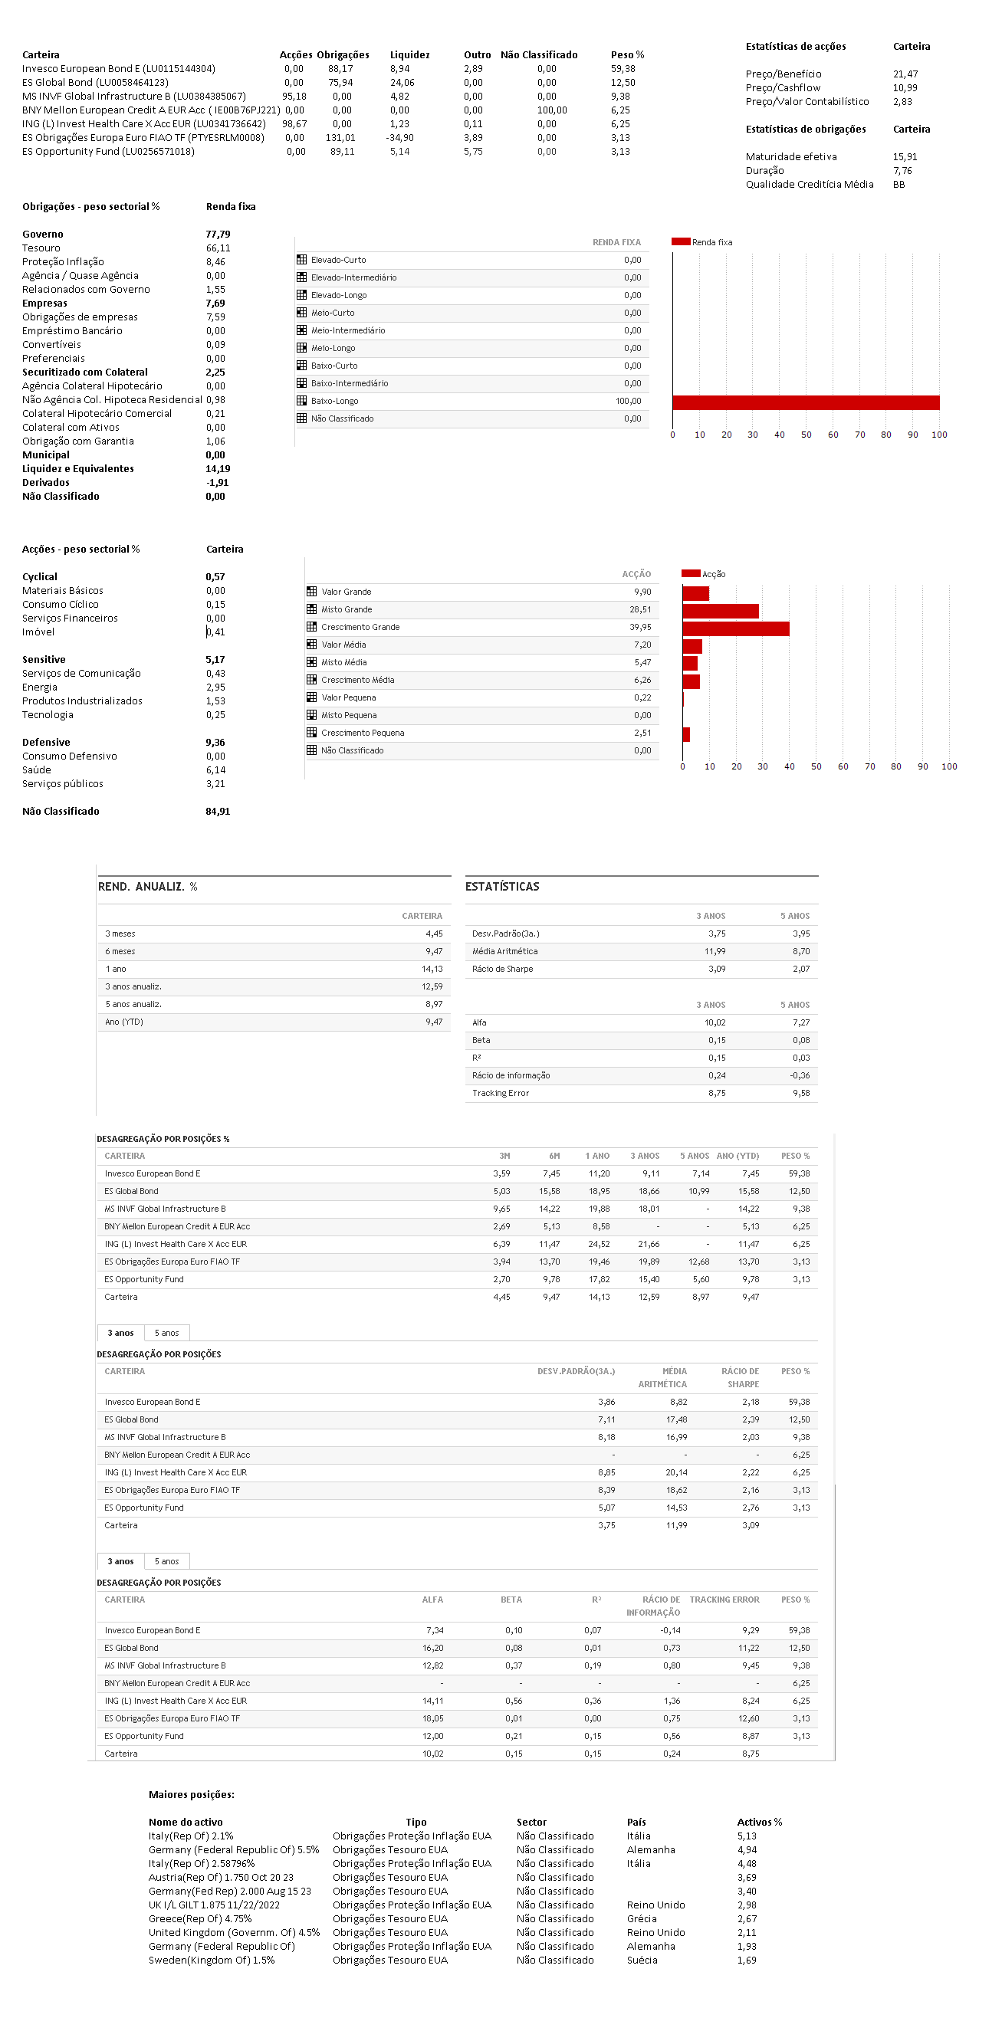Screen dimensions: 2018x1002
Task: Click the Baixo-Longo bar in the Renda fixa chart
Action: (806, 402)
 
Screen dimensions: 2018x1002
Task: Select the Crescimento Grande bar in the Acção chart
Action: (736, 628)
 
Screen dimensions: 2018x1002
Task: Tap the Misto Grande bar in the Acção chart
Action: (720, 610)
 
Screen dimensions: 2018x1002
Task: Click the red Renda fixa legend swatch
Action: (680, 241)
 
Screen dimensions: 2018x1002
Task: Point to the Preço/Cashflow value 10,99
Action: (905, 87)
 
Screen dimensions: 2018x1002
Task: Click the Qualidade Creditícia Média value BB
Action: (899, 184)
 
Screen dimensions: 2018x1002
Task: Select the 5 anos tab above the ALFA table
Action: (166, 1560)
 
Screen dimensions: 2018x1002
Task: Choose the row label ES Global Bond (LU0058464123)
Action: (95, 82)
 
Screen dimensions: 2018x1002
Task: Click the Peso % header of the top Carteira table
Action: (627, 55)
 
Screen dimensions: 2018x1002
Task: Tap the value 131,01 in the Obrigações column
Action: (340, 138)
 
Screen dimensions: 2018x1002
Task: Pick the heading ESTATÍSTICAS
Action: (502, 886)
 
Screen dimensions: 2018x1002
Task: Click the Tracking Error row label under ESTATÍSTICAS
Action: (500, 1093)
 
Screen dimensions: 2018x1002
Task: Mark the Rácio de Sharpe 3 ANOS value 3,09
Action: (716, 969)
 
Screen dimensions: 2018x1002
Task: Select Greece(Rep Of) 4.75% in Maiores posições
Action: (200, 1918)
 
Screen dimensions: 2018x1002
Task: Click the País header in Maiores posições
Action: (636, 1821)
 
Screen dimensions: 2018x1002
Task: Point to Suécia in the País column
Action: (642, 1960)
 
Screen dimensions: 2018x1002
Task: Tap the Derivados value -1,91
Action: (217, 483)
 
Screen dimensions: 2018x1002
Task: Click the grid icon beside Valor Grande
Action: (311, 592)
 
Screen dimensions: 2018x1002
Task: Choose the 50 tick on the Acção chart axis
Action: (816, 766)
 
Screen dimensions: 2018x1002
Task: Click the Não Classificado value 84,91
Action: (218, 811)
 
